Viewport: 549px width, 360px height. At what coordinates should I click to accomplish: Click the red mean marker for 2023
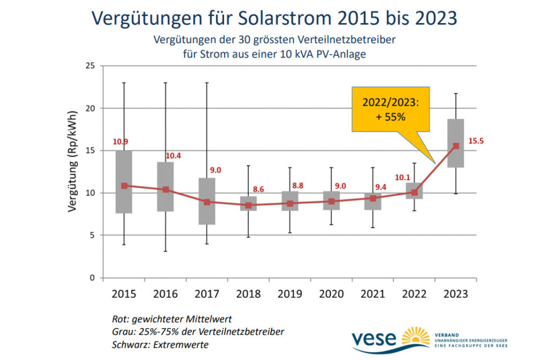(x=456, y=146)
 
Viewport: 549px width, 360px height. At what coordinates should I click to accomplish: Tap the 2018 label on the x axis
(x=248, y=294)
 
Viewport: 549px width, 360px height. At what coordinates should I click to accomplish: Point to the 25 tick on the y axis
(x=90, y=66)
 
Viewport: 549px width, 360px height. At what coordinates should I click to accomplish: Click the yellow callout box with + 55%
(x=390, y=109)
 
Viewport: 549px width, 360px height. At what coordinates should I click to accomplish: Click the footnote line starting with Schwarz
(x=160, y=344)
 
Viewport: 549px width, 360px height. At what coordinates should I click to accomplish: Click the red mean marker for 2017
(x=207, y=202)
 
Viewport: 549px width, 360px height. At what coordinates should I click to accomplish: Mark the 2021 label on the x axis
(x=373, y=294)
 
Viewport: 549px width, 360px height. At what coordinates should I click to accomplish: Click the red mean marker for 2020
(x=331, y=201)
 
